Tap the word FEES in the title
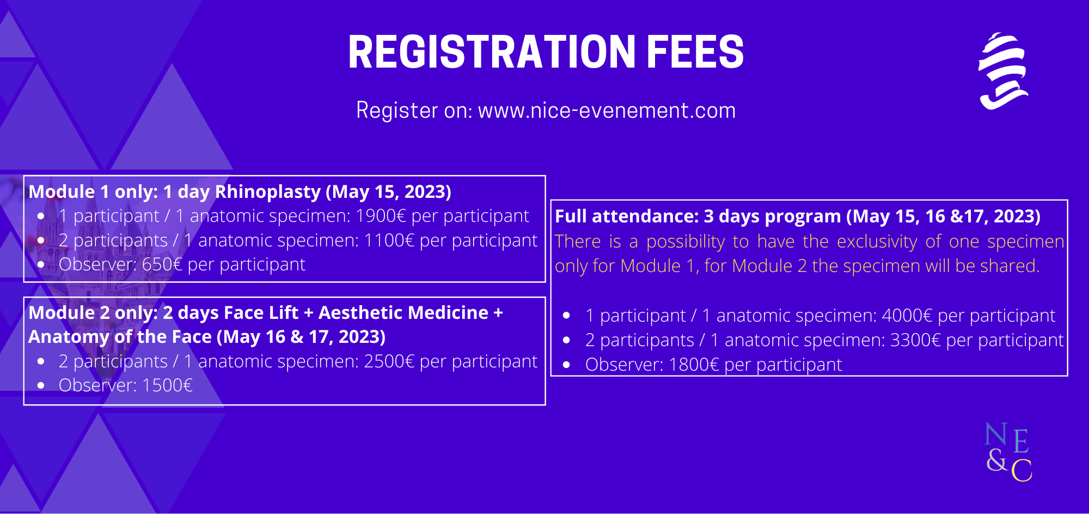pyautogui.click(x=695, y=52)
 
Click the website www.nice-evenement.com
pyautogui.click(x=607, y=110)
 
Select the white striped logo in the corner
pyautogui.click(x=1003, y=71)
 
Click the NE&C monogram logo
pyautogui.click(x=1008, y=452)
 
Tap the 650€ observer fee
pyautogui.click(x=162, y=264)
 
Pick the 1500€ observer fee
pyautogui.click(x=167, y=385)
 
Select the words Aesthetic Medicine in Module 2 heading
pyautogui.click(x=403, y=313)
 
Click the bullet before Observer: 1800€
pyautogui.click(x=566, y=365)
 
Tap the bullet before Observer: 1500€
pyautogui.click(x=41, y=385)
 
